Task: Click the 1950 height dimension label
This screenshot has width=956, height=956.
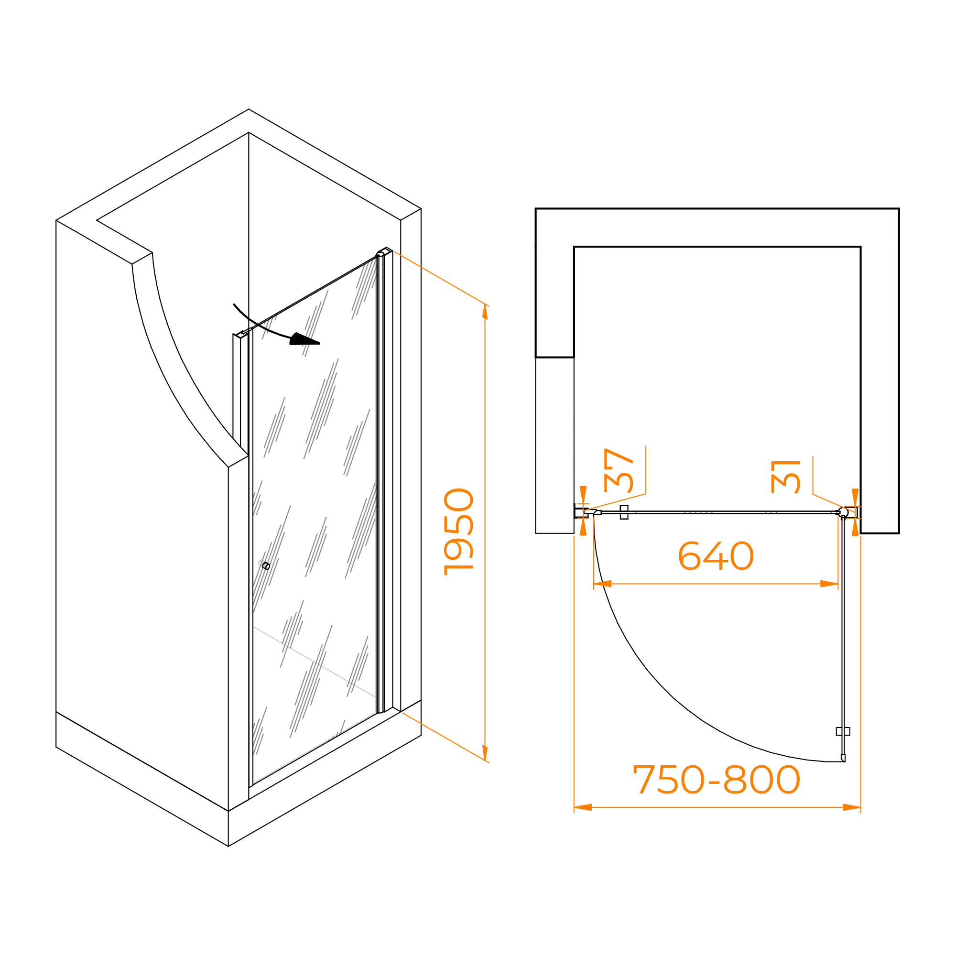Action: click(459, 532)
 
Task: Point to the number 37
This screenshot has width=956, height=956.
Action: click(619, 470)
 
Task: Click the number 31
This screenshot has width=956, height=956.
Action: click(785, 477)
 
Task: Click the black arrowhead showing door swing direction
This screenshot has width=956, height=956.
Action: click(305, 339)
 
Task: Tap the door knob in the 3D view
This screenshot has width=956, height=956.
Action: click(266, 566)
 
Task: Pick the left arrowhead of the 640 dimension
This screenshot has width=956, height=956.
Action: click(603, 584)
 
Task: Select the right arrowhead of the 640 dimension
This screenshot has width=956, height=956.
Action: click(829, 584)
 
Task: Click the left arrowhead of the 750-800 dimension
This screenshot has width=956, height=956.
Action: click(583, 807)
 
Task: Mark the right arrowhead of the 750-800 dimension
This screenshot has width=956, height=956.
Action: click(852, 807)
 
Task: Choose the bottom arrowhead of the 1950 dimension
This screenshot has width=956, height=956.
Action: click(485, 751)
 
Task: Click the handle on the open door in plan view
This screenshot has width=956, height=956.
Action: click(843, 731)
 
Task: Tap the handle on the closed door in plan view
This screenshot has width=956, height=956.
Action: click(624, 512)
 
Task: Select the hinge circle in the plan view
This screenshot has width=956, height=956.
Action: click(843, 511)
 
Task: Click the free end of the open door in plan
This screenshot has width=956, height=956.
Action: click(843, 758)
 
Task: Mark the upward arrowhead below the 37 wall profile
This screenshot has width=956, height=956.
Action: click(583, 528)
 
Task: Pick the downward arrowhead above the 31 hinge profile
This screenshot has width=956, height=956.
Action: click(855, 496)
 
